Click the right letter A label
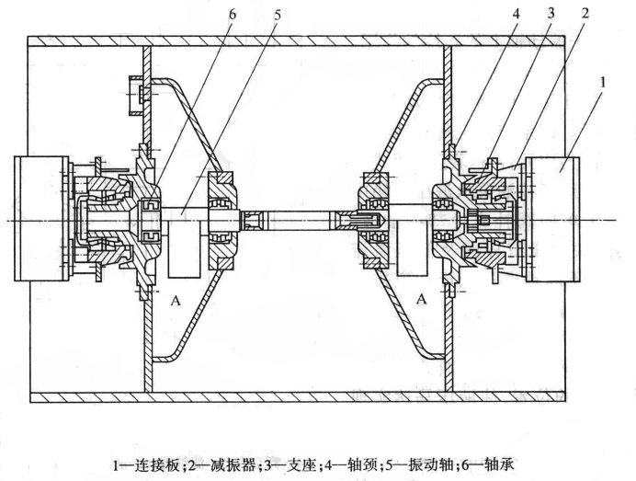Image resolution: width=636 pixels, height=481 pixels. pyautogui.click(x=423, y=299)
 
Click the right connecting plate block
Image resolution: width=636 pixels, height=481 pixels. pyautogui.click(x=554, y=219)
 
